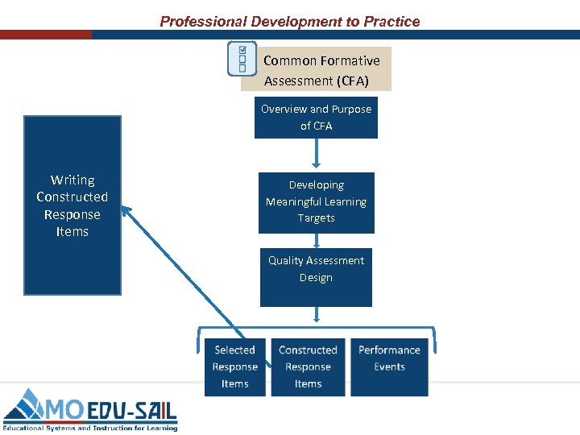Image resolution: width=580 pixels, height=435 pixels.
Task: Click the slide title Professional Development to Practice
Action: pos(290,22)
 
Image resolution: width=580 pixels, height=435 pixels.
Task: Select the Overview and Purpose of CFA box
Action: pos(316,118)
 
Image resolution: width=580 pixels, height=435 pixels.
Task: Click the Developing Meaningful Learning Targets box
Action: pos(316,202)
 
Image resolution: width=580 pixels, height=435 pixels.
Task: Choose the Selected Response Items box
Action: pos(234,367)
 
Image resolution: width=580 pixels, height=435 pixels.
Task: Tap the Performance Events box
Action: pos(389,367)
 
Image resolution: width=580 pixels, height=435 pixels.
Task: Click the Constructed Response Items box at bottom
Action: pos(308,367)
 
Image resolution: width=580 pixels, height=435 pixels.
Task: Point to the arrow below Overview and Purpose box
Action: pos(316,154)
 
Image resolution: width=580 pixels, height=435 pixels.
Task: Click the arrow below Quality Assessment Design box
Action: pos(316,316)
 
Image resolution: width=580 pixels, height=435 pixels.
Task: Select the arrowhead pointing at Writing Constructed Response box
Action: pos(126,210)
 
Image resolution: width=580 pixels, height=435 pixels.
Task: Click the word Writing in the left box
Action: pos(72,180)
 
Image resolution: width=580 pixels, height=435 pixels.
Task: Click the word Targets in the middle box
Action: pos(316,218)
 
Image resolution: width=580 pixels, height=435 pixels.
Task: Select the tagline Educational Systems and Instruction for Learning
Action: pos(89,428)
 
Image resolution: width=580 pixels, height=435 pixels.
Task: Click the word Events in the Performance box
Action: pos(389,367)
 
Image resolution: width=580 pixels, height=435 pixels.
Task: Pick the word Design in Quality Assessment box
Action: pos(316,278)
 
